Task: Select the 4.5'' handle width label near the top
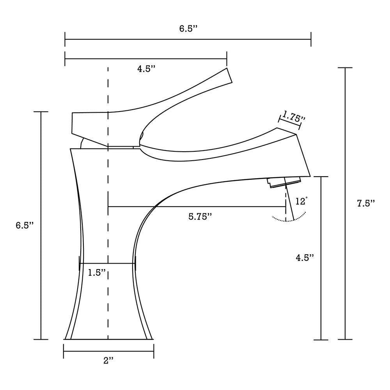point(146,69)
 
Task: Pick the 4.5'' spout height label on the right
point(304,258)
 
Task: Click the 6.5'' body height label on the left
point(25,225)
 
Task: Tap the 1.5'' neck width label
point(97,273)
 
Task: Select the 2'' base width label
point(108,360)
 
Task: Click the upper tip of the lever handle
point(229,76)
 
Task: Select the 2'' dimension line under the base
point(108,351)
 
